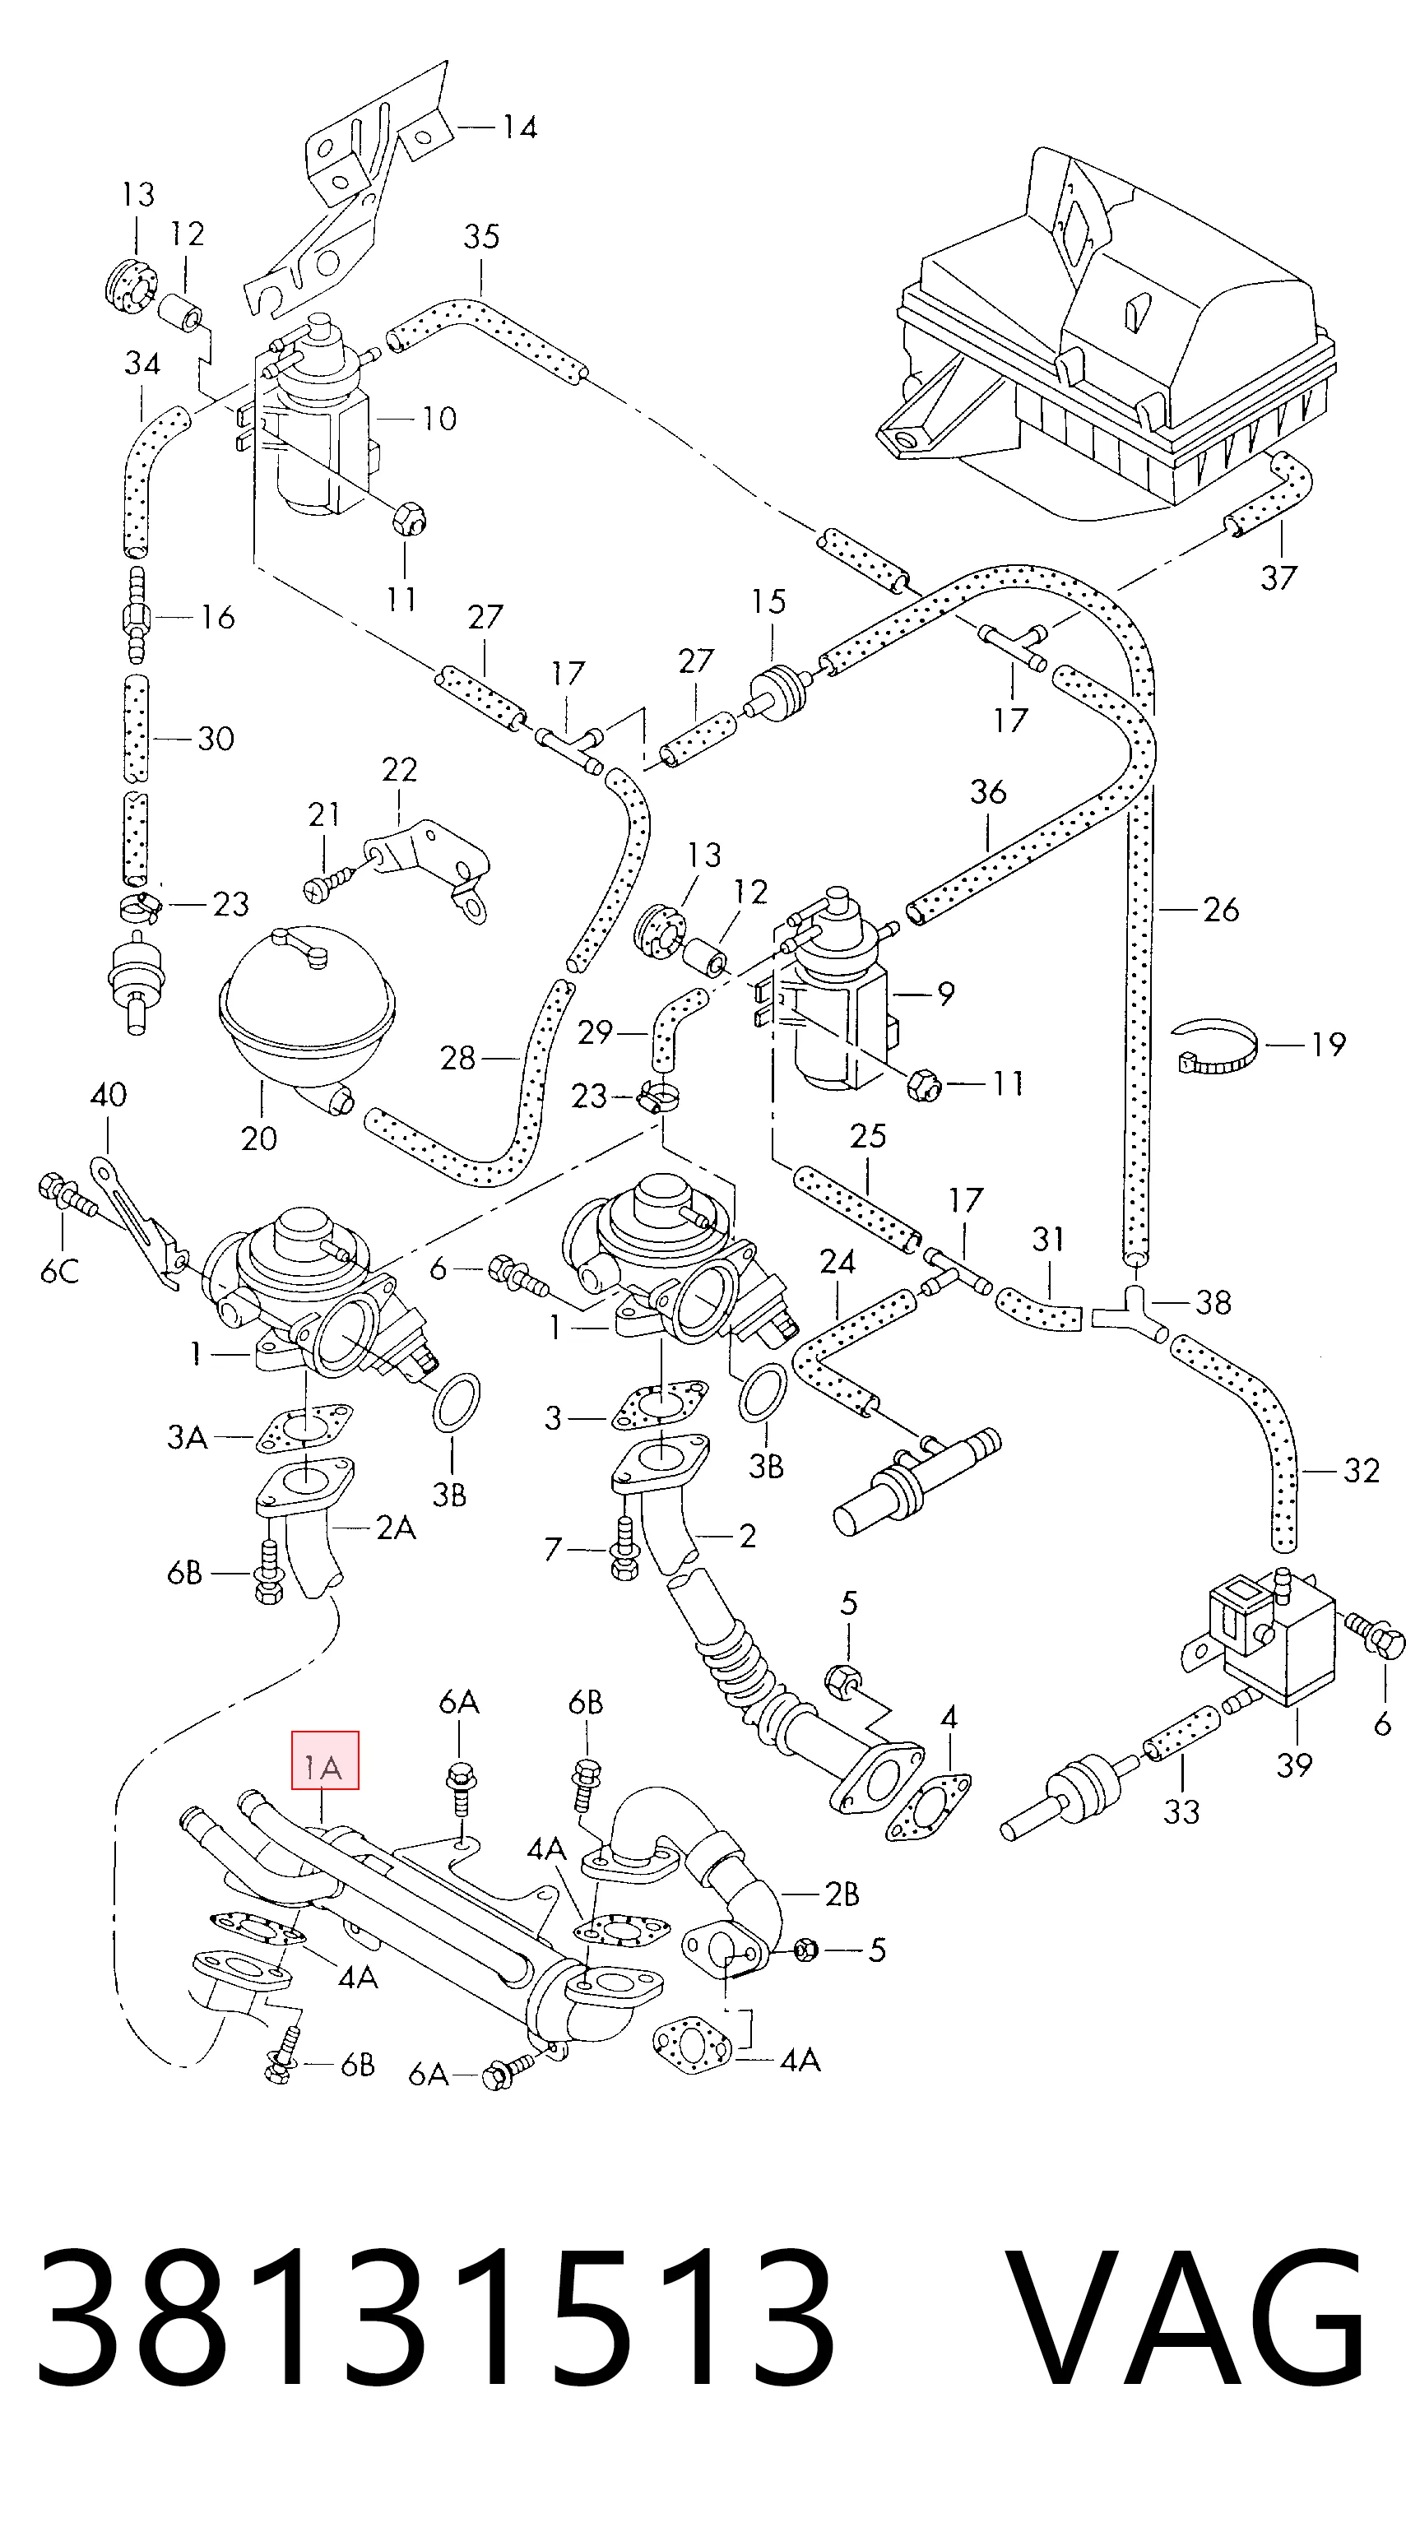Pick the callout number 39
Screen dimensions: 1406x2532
(x=1294, y=1765)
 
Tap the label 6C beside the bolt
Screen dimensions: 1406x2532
(x=59, y=1272)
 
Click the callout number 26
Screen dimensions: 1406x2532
(x=1220, y=910)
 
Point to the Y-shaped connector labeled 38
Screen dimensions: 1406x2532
(x=1139, y=1308)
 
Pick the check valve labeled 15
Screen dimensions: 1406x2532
(x=780, y=690)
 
